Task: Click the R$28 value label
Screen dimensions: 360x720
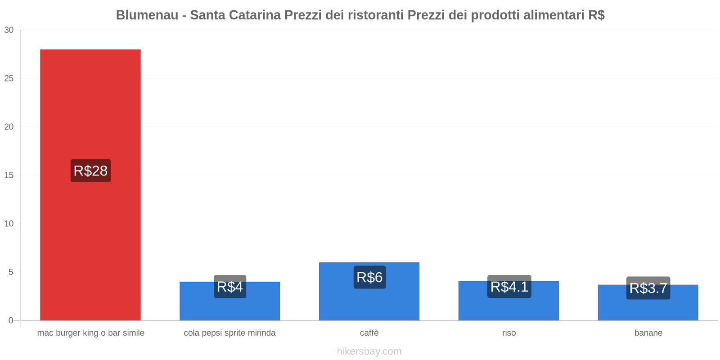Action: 90,171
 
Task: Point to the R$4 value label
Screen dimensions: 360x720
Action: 230,287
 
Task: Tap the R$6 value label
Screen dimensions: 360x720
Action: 369,277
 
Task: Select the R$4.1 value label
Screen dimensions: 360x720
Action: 509,287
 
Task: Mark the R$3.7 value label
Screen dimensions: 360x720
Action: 648,288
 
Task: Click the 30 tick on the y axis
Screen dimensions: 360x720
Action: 9,30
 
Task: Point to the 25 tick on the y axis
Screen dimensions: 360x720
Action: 9,79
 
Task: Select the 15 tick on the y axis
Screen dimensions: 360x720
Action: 9,175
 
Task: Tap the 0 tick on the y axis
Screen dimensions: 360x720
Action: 11,320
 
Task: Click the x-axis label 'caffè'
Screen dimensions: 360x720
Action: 369,333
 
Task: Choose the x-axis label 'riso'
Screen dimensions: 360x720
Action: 509,333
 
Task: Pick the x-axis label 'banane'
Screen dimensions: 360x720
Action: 648,333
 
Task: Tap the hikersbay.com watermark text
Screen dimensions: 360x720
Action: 369,351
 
